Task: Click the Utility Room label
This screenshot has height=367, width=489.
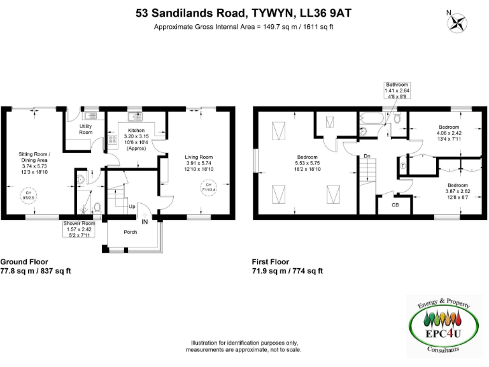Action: pos(86,129)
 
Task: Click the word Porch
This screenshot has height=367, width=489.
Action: pos(131,233)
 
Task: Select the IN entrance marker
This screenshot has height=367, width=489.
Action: pos(145,221)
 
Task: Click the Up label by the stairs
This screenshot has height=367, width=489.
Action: pos(132,206)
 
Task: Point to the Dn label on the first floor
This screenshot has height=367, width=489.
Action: pos(367,155)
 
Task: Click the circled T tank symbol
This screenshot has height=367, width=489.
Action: pos(403,165)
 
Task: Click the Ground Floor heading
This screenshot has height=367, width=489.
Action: pos(24,262)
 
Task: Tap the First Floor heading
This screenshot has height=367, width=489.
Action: pos(271,262)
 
